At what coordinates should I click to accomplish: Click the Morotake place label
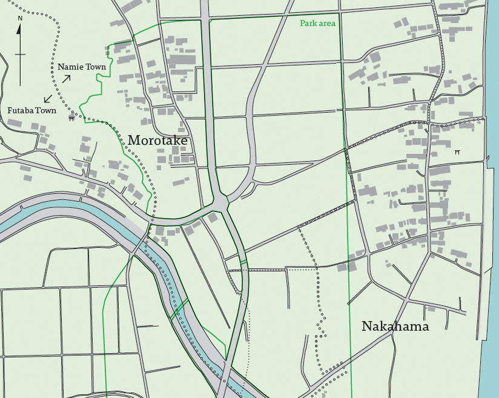157,141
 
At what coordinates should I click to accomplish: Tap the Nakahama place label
395,327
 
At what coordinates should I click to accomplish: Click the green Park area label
317,24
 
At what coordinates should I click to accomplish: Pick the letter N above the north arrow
20,18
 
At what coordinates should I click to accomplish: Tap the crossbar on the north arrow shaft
20,55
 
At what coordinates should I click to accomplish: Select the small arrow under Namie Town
66,78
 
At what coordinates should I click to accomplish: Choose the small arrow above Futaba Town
47,99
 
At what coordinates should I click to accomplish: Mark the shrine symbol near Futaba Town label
71,119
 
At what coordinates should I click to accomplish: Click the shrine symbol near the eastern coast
457,153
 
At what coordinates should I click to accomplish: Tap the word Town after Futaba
47,111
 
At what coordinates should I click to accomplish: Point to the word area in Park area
327,24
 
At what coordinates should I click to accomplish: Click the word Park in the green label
308,24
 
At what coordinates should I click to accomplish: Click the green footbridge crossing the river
179,309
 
